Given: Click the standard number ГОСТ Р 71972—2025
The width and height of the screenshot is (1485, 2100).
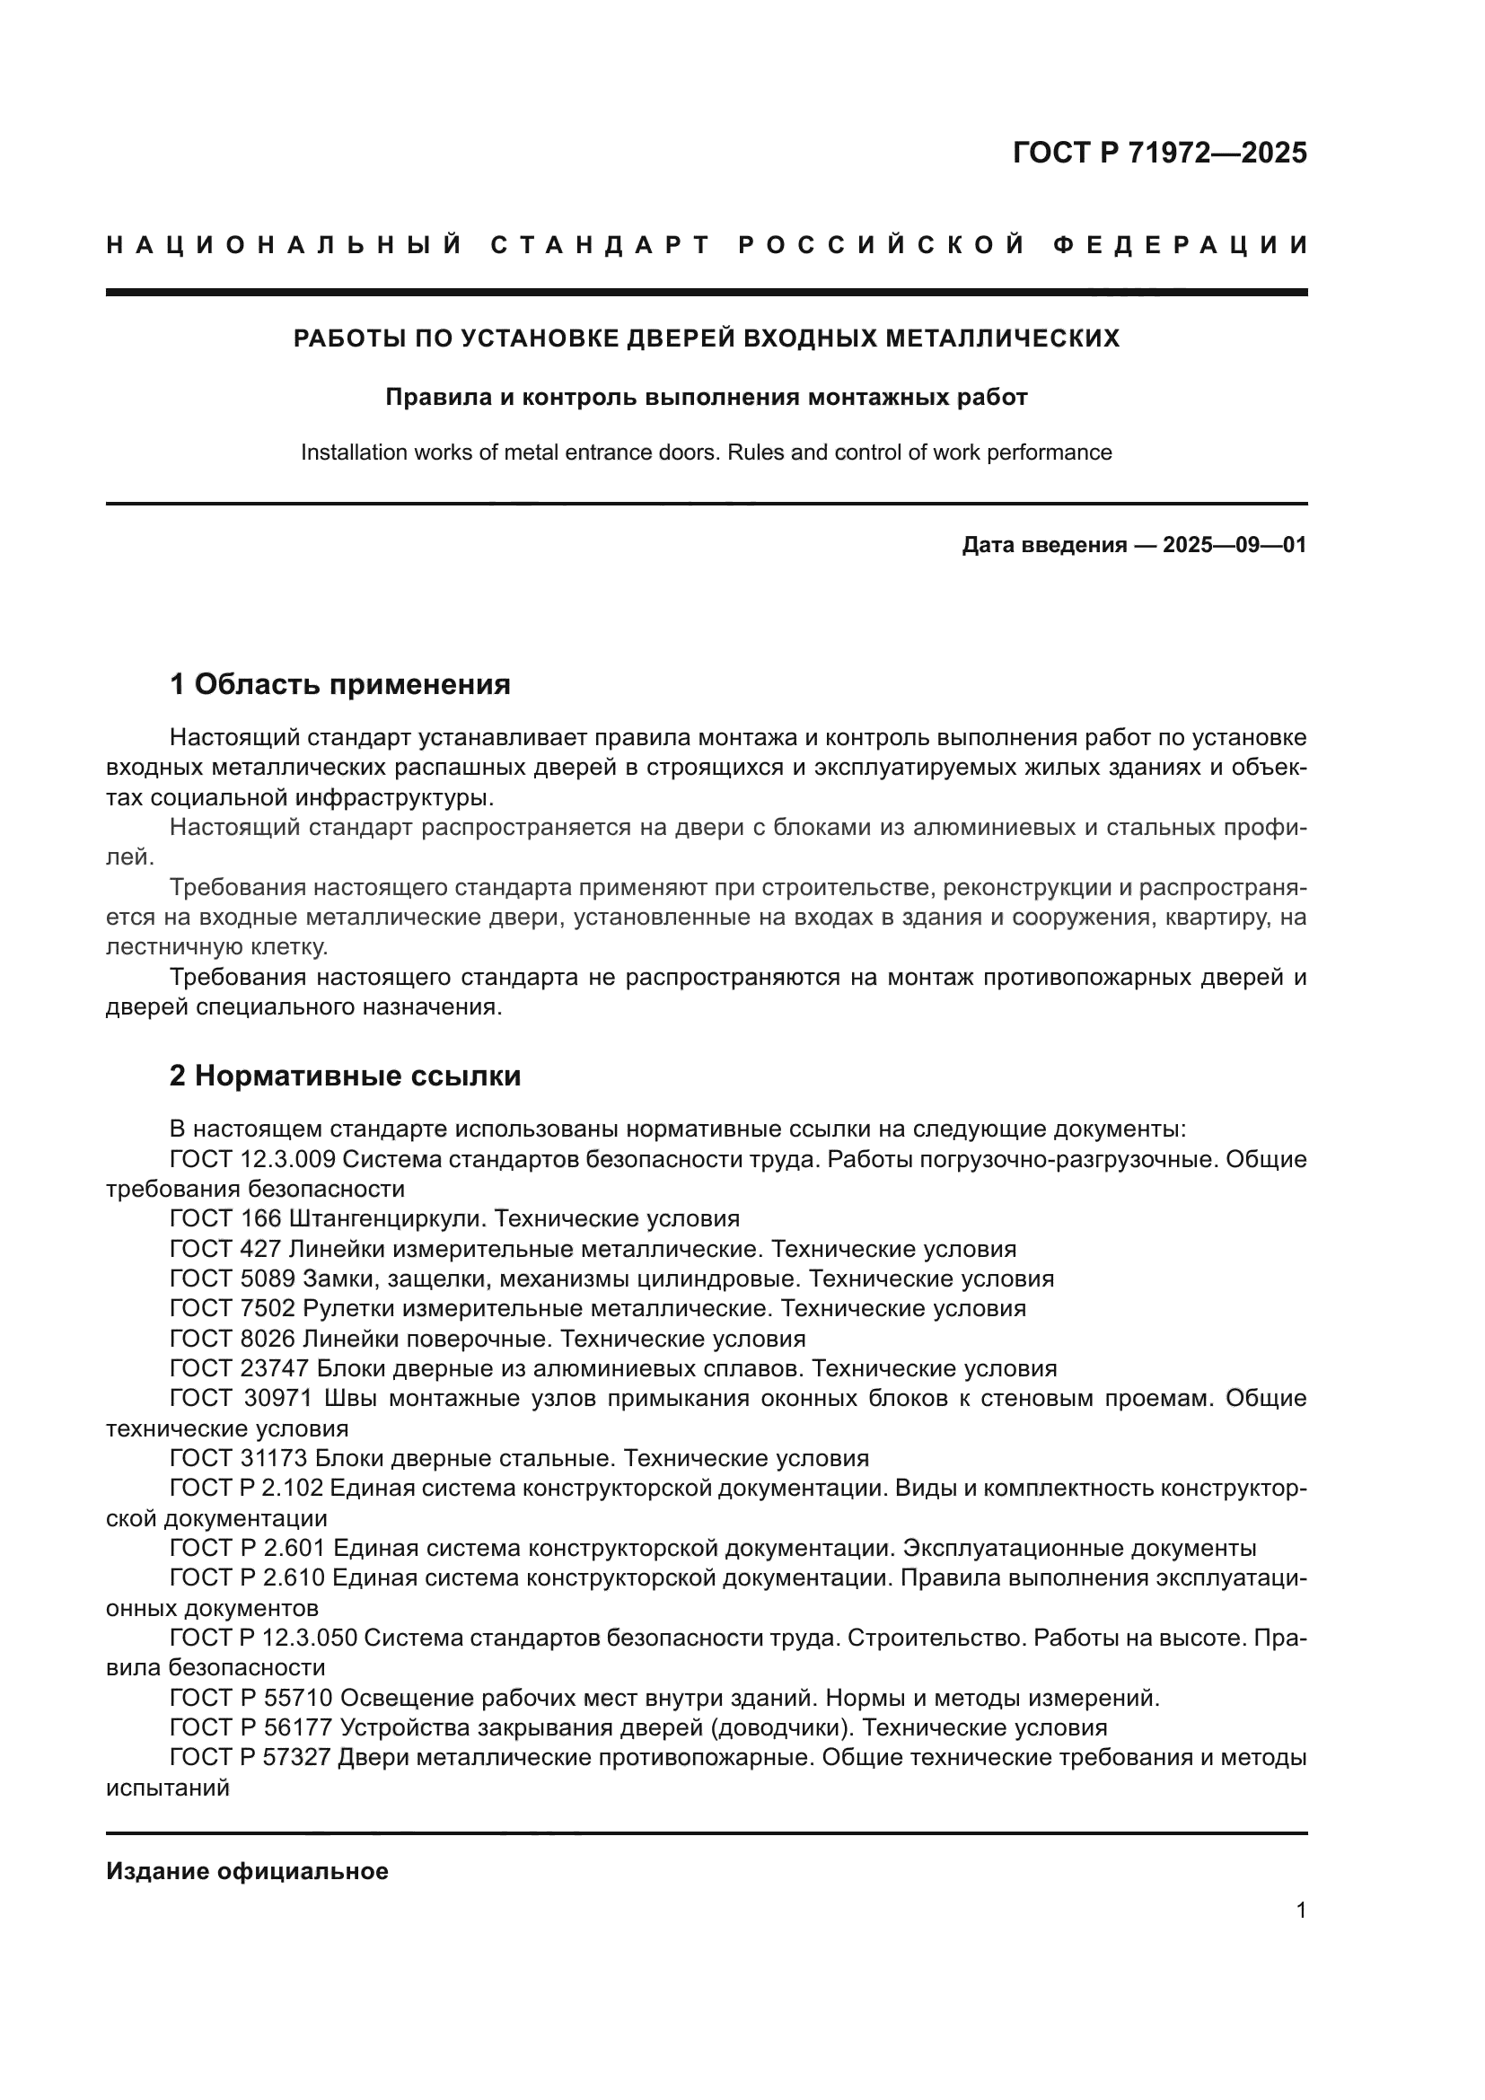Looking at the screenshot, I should [1159, 153].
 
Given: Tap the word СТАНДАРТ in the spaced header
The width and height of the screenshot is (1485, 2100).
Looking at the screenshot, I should [600, 245].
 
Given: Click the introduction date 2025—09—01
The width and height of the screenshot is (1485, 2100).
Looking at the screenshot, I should [1234, 546].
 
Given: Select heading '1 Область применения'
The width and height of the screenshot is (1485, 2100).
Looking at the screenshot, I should [339, 684].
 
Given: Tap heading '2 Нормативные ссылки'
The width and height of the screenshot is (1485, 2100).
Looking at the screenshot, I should [345, 1076].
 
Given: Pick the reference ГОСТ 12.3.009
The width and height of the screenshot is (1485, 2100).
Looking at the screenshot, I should [254, 1160].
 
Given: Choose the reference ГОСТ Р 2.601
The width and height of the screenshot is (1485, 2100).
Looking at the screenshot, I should [247, 1548].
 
